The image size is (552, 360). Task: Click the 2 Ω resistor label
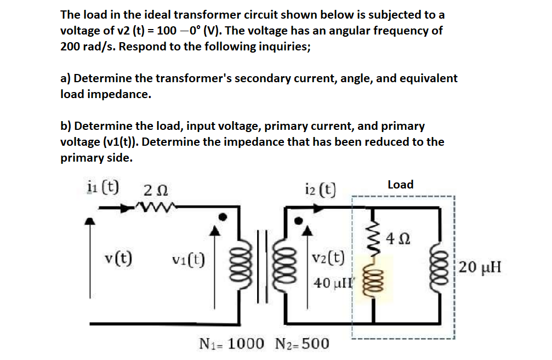(155, 191)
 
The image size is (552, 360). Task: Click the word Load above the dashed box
(400, 185)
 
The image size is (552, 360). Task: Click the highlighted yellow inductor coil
(373, 281)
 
